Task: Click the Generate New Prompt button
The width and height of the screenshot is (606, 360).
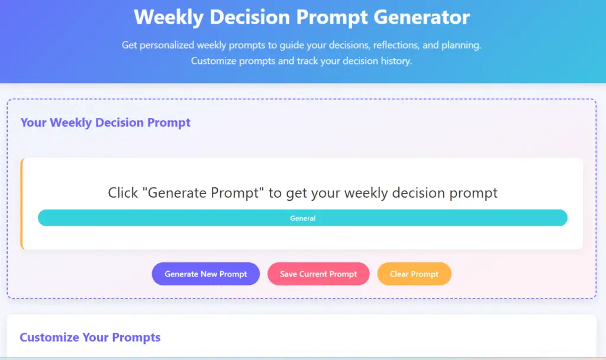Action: pos(205,274)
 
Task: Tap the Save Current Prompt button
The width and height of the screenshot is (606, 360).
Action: pos(318,274)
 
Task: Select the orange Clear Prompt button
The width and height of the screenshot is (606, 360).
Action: pos(414,274)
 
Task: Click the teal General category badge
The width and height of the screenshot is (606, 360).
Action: pos(302,218)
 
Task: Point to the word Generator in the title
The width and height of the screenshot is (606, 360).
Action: pos(421,17)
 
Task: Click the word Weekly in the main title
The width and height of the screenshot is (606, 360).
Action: pos(169,18)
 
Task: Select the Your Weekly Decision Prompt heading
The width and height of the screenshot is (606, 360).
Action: pos(105,123)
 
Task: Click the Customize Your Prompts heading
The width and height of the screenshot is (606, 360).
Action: pos(90,337)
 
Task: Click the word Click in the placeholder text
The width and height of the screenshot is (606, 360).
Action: pos(123,192)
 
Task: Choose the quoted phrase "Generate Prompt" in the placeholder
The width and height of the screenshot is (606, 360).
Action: pos(203,192)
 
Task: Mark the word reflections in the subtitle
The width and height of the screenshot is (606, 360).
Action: pos(396,45)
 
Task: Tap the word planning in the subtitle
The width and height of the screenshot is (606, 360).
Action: pos(462,46)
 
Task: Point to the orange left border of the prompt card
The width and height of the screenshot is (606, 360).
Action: pos(22,204)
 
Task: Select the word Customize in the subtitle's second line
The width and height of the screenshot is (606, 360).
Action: pos(213,61)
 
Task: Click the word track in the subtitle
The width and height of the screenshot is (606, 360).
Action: pos(307,61)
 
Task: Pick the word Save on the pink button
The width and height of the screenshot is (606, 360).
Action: pos(288,274)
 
